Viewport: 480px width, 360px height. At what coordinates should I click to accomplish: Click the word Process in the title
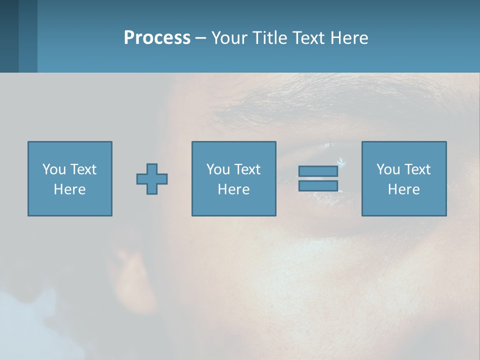(x=157, y=38)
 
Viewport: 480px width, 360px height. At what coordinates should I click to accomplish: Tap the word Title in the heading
(x=270, y=38)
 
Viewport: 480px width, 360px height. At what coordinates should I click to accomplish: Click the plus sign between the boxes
(x=152, y=179)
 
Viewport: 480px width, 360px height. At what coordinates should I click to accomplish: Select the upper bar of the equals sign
(x=318, y=171)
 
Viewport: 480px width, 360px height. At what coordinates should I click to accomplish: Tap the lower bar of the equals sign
(x=318, y=185)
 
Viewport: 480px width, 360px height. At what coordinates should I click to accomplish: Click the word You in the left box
(x=54, y=169)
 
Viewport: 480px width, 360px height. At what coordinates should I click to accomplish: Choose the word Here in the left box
(x=69, y=189)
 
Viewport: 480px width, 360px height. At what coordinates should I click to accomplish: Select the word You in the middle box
(x=218, y=169)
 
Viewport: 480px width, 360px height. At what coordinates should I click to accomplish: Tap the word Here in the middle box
(x=233, y=189)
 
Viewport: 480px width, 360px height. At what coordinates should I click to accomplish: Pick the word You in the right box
(x=388, y=169)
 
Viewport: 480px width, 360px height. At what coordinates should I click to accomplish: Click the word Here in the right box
(x=403, y=189)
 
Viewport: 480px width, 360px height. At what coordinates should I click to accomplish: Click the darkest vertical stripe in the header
(x=9, y=36)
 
